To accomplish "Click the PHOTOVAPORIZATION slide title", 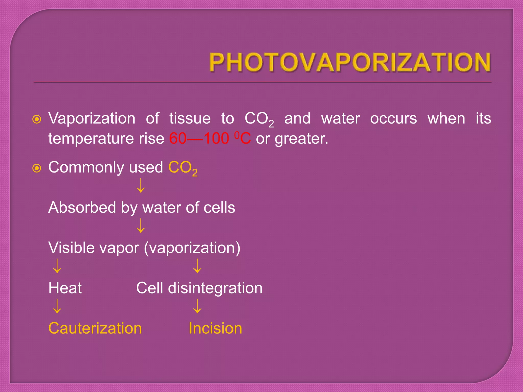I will (x=350, y=62).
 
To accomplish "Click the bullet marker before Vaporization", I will (x=37, y=119).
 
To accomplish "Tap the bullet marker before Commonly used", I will (x=37, y=168).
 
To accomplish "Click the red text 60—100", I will (x=199, y=139).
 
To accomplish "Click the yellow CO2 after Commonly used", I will (x=183, y=168).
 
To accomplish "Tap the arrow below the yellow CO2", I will (x=141, y=186).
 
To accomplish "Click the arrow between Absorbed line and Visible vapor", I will (x=141, y=226).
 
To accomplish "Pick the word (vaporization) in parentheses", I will (x=192, y=248).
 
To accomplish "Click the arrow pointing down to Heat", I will (x=57, y=266).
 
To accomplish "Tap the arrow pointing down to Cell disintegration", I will (x=197, y=266).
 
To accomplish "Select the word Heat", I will (x=65, y=288).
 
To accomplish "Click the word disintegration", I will (x=215, y=288).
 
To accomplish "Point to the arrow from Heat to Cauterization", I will (x=57, y=306).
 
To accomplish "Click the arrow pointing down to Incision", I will (x=197, y=306).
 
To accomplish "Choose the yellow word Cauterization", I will (x=95, y=328).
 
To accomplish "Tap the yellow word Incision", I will (x=215, y=328).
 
